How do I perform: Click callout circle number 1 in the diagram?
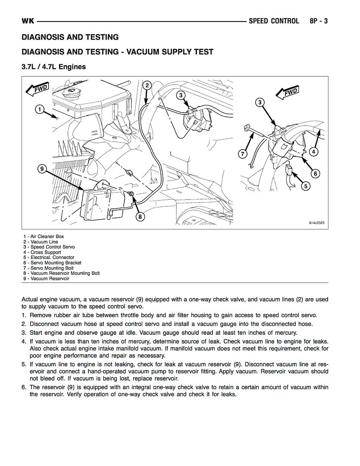click(39, 109)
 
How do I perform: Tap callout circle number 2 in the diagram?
click(147, 85)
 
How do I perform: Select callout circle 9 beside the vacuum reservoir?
click(42, 169)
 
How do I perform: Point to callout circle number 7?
click(243, 154)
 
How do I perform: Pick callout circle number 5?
click(305, 186)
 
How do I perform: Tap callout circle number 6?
click(315, 173)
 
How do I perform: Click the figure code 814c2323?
click(317, 223)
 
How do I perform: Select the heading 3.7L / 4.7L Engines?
click(54, 67)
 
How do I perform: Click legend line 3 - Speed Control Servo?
click(49, 247)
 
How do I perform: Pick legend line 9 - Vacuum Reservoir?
click(47, 279)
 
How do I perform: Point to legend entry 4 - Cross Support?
click(42, 252)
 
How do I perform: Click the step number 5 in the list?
click(24, 364)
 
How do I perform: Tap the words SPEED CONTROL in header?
click(274, 21)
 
